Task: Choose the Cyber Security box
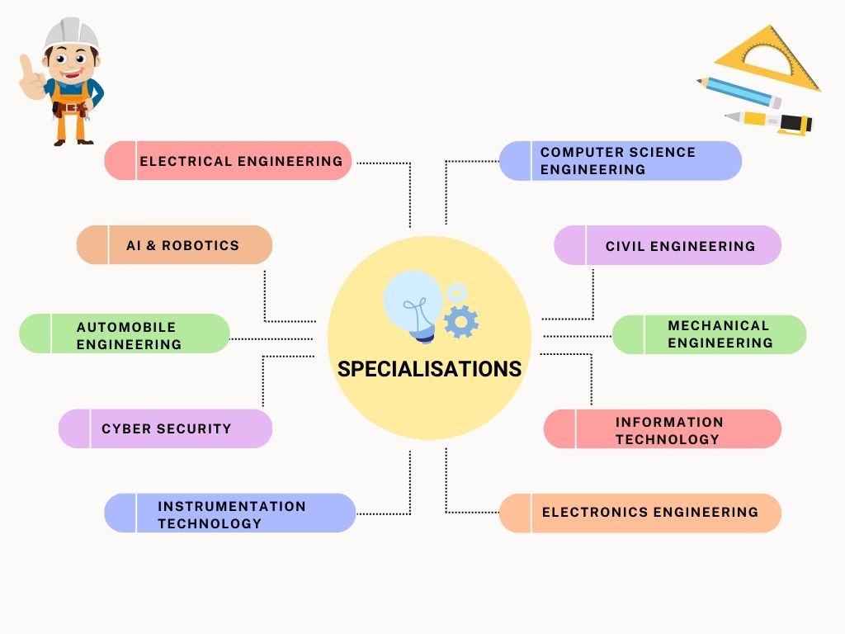click(165, 428)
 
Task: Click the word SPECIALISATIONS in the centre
click(429, 369)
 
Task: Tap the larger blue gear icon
click(460, 320)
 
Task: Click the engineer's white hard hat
click(71, 33)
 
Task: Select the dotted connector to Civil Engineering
click(592, 297)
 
